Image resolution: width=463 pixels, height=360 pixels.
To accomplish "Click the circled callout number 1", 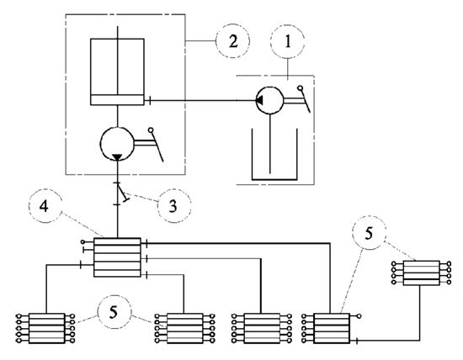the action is tap(287, 41).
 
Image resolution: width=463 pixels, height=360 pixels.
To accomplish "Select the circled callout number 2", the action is tap(232, 41).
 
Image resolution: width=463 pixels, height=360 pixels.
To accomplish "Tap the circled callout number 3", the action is tap(174, 206).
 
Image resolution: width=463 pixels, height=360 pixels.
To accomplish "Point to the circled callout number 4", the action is tap(45, 206).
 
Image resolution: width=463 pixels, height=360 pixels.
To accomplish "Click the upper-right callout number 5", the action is tap(369, 233).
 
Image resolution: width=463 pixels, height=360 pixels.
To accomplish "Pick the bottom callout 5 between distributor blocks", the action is tap(114, 312).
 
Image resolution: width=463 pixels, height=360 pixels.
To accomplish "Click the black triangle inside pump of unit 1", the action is tap(259, 101).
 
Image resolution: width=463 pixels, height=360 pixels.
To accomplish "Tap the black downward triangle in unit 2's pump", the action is tap(117, 157).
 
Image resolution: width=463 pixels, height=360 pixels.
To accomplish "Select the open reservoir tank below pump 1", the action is tap(274, 154).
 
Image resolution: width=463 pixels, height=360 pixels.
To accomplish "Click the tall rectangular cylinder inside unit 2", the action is tap(117, 71).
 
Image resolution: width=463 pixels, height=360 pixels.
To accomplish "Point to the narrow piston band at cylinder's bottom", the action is tap(117, 100).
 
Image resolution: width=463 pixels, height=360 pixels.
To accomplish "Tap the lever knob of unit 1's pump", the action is tap(300, 88).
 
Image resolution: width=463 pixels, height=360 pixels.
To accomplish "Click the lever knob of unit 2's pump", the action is tap(151, 130).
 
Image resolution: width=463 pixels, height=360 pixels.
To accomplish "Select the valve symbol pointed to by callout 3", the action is tap(122, 193).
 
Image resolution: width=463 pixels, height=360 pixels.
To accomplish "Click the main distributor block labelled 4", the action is tap(117, 257).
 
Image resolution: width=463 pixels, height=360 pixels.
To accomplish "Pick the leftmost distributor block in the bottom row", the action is tap(46, 328).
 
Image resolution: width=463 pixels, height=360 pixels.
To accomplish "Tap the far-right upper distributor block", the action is tap(422, 273).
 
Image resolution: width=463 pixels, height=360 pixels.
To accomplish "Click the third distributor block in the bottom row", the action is tap(262, 328).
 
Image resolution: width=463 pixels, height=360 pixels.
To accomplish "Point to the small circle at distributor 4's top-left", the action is tap(82, 242).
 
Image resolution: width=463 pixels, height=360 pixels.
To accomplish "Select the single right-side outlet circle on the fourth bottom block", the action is tap(359, 316).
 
